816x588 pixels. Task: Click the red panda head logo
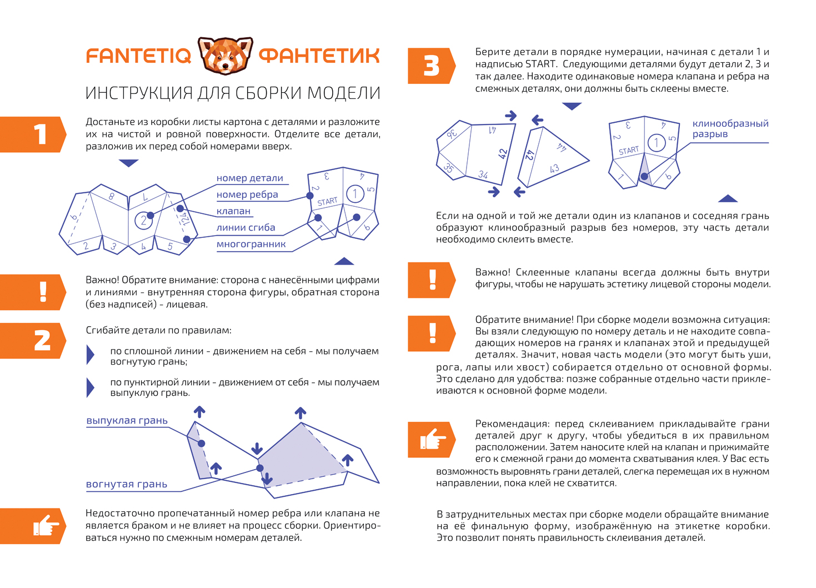pyautogui.click(x=225, y=56)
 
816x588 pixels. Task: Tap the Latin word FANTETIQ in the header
pyautogui.click(x=139, y=56)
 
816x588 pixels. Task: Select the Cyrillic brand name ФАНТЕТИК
pyautogui.click(x=319, y=56)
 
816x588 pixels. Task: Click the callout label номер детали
pyautogui.click(x=249, y=178)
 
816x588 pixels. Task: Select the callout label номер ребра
pyautogui.click(x=247, y=195)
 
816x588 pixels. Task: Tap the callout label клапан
pyautogui.click(x=233, y=211)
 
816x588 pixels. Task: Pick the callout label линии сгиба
pyautogui.click(x=246, y=227)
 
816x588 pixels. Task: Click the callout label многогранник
pyautogui.click(x=251, y=244)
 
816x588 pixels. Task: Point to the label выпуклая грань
pyautogui.click(x=127, y=421)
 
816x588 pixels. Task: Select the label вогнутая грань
pyautogui.click(x=126, y=484)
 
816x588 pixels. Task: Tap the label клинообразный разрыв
pyautogui.click(x=730, y=128)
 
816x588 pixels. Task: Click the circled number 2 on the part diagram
pyautogui.click(x=143, y=220)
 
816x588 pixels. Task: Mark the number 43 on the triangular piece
pyautogui.click(x=554, y=168)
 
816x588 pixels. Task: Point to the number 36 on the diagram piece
pyautogui.click(x=452, y=133)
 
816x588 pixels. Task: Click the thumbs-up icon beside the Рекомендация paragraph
pyautogui.click(x=432, y=440)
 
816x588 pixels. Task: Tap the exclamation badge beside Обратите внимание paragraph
pyautogui.click(x=432, y=333)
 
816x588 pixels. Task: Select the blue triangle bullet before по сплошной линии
pyautogui.click(x=91, y=355)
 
